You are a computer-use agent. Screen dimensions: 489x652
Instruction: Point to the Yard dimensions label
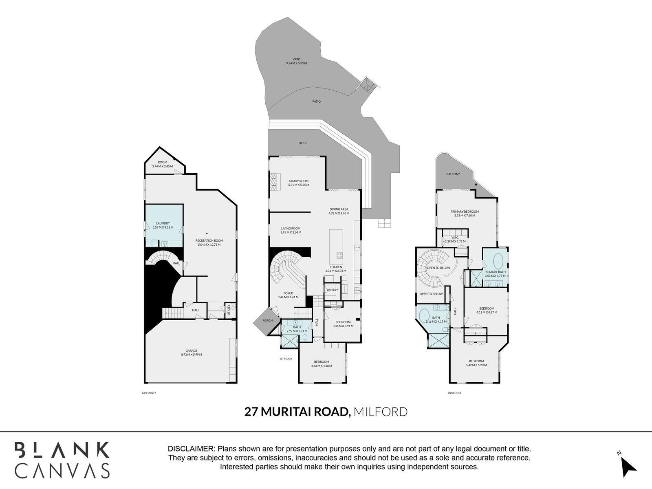[296, 63]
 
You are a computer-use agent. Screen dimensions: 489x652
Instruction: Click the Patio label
[317, 101]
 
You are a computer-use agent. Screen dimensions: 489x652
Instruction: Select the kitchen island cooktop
[339, 256]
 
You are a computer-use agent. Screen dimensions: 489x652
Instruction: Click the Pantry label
[333, 290]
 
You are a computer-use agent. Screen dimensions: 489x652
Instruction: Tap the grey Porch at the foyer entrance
[267, 321]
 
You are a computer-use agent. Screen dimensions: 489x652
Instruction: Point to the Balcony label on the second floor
[453, 174]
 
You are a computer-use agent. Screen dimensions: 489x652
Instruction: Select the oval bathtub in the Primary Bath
[498, 260]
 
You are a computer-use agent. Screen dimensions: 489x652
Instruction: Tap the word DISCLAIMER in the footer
[191, 449]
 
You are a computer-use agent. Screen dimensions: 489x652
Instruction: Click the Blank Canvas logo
[62, 459]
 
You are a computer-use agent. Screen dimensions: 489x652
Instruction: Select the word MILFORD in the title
[380, 412]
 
